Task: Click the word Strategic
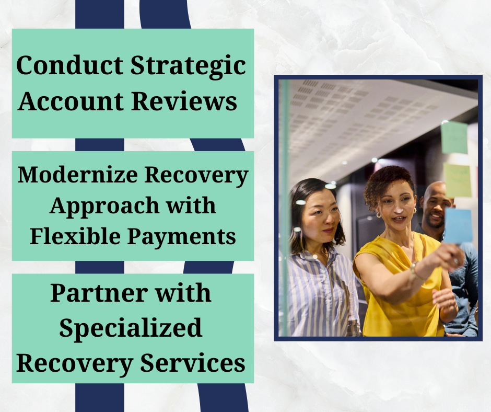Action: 188,66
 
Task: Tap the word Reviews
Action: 184,101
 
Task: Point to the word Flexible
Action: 75,236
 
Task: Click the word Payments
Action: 182,237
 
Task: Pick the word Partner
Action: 99,293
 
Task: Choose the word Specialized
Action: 131,328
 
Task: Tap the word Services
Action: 193,362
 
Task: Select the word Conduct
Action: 69,65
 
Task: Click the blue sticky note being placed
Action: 458,226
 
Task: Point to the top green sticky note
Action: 454,138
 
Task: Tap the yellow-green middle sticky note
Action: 458,180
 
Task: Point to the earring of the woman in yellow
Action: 379,215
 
